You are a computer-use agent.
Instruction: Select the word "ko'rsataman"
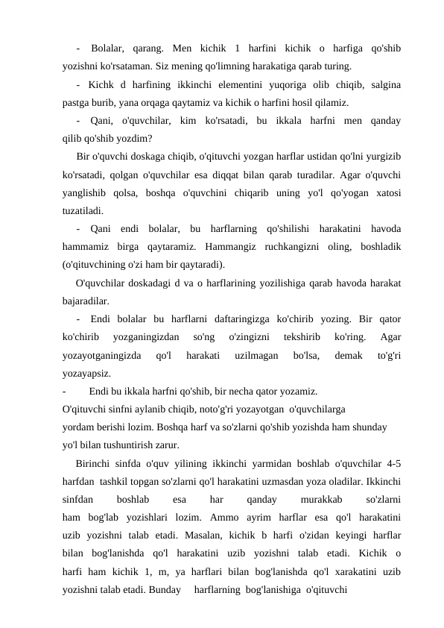127,65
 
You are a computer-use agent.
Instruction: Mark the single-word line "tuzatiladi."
83,210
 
